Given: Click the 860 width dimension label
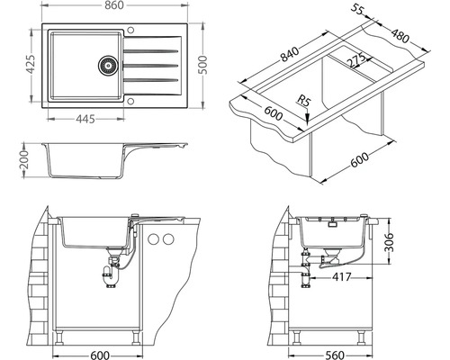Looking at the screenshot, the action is tap(114, 5).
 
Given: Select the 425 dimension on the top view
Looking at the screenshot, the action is tap(31, 64).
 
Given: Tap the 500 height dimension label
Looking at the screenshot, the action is tap(203, 65).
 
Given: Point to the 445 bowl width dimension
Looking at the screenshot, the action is tap(85, 119).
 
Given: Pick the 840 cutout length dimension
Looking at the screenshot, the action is tap(290, 54).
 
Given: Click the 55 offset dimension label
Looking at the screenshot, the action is tap(357, 9).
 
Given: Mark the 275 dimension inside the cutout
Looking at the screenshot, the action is tap(356, 60).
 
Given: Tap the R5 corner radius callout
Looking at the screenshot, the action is tap(303, 100).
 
